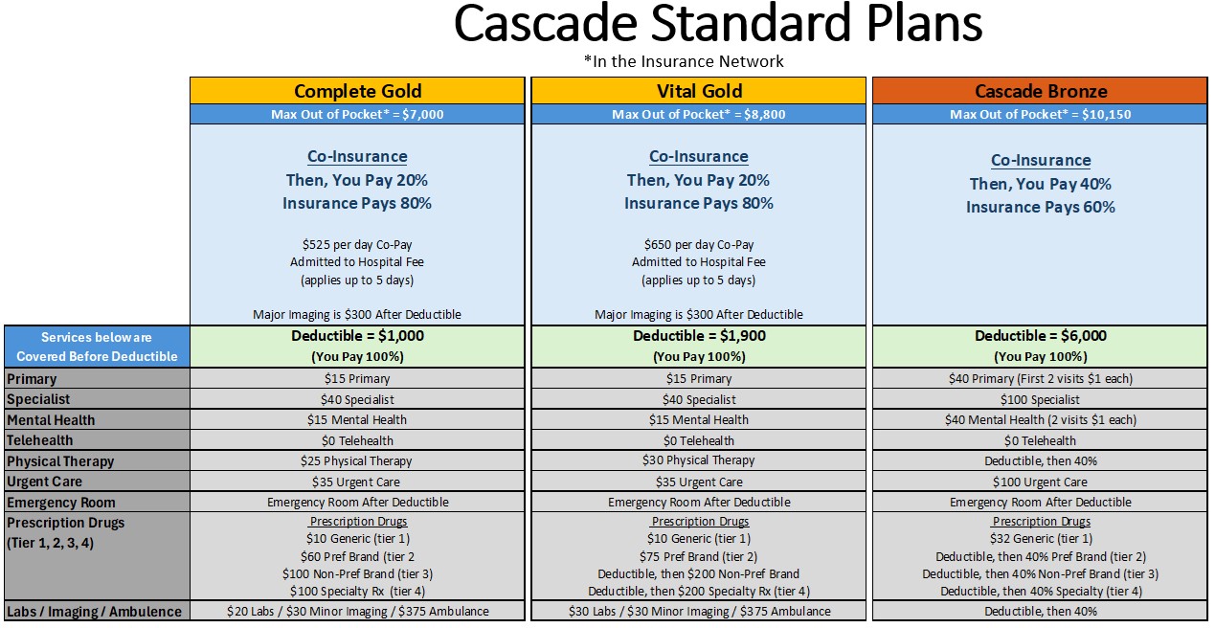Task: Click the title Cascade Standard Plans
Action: click(717, 26)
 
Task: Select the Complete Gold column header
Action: click(357, 91)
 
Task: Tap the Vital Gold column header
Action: click(699, 91)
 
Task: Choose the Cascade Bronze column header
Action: click(1040, 91)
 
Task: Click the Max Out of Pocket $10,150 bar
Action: click(1040, 114)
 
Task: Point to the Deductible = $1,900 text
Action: click(699, 336)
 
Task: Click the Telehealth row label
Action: click(40, 440)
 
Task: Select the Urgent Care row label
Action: click(45, 482)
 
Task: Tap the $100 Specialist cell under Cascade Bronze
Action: click(1040, 399)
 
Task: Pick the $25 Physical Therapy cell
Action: click(357, 460)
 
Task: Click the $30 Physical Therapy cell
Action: click(699, 460)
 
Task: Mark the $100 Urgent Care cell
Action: click(1040, 482)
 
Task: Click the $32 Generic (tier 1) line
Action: click(1040, 538)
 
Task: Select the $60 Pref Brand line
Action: click(357, 556)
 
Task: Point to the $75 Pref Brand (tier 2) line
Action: click(699, 556)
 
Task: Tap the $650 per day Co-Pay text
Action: click(699, 245)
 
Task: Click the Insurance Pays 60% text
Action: click(1040, 207)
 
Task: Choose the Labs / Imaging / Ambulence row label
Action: click(94, 611)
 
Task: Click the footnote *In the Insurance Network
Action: click(684, 61)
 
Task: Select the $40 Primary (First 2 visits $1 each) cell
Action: click(1040, 378)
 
